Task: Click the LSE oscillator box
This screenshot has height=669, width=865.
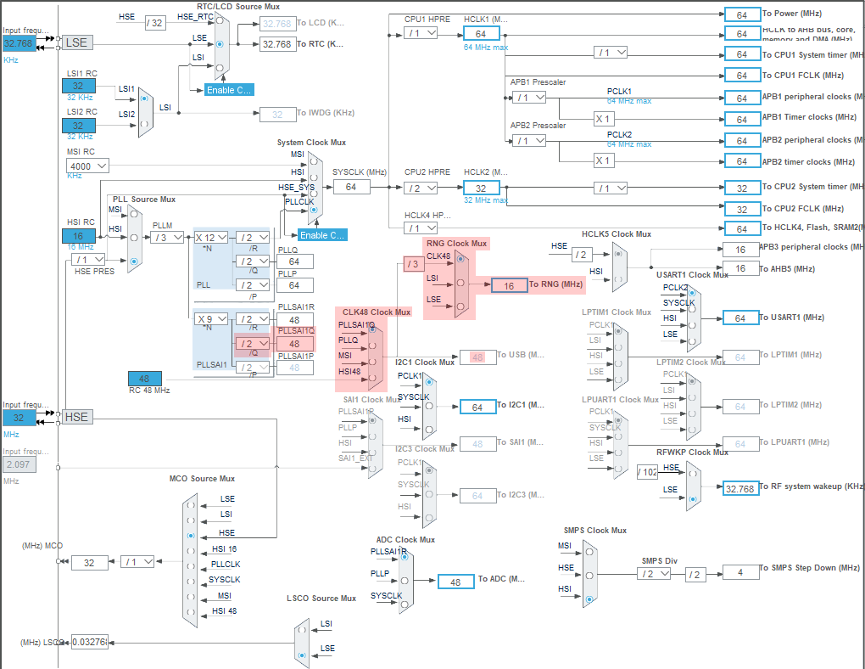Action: click(77, 42)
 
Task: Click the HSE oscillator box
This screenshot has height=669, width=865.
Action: click(77, 417)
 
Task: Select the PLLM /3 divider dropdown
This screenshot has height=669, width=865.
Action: click(169, 237)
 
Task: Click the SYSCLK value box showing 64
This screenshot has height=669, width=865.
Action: click(351, 187)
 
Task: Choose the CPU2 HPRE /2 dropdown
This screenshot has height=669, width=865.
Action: click(420, 188)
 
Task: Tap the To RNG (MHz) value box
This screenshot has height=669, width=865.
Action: click(509, 285)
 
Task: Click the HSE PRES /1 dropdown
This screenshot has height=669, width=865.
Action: click(88, 259)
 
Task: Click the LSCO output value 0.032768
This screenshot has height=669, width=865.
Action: click(90, 643)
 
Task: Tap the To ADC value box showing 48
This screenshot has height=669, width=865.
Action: click(455, 582)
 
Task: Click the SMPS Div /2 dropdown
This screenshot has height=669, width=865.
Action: click(653, 573)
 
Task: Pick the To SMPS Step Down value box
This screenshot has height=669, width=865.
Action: click(739, 572)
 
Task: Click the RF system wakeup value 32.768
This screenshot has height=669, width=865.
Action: click(739, 488)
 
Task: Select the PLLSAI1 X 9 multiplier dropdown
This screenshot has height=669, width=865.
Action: click(211, 319)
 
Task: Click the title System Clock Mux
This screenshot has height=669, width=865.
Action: click(311, 143)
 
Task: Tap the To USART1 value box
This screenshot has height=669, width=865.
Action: click(740, 318)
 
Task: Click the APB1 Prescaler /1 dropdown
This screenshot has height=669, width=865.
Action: click(529, 97)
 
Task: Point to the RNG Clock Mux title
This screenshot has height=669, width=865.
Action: click(456, 244)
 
